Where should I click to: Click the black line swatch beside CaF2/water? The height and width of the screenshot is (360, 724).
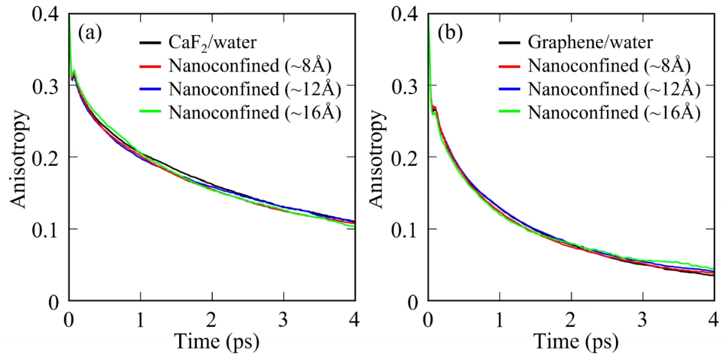pos(148,43)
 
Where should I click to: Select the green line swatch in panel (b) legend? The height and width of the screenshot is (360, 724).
pos(509,112)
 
